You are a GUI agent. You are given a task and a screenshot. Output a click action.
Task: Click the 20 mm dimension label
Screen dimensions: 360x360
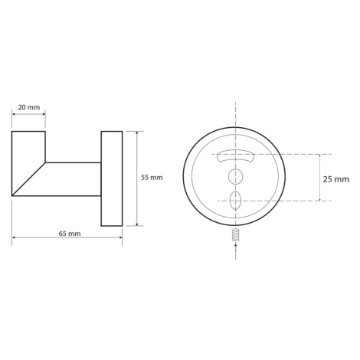[29, 107]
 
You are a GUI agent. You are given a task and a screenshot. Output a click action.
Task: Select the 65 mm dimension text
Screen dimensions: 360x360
[70, 234]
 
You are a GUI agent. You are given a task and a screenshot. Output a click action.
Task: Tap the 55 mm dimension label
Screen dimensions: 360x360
[152, 178]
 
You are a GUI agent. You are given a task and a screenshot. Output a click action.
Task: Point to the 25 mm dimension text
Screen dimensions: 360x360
[336, 179]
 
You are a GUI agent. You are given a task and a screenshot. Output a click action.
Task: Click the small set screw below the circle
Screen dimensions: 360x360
[235, 234]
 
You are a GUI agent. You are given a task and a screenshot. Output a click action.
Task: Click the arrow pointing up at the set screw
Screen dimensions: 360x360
[235, 251]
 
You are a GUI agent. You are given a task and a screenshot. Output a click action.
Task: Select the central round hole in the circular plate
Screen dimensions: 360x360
[235, 176]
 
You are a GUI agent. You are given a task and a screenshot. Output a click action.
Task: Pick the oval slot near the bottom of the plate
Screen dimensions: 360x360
[235, 200]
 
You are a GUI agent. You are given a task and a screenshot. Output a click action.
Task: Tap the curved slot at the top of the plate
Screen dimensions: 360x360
[235, 155]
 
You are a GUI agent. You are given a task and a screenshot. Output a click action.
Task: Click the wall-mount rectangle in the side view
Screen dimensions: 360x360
[112, 178]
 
